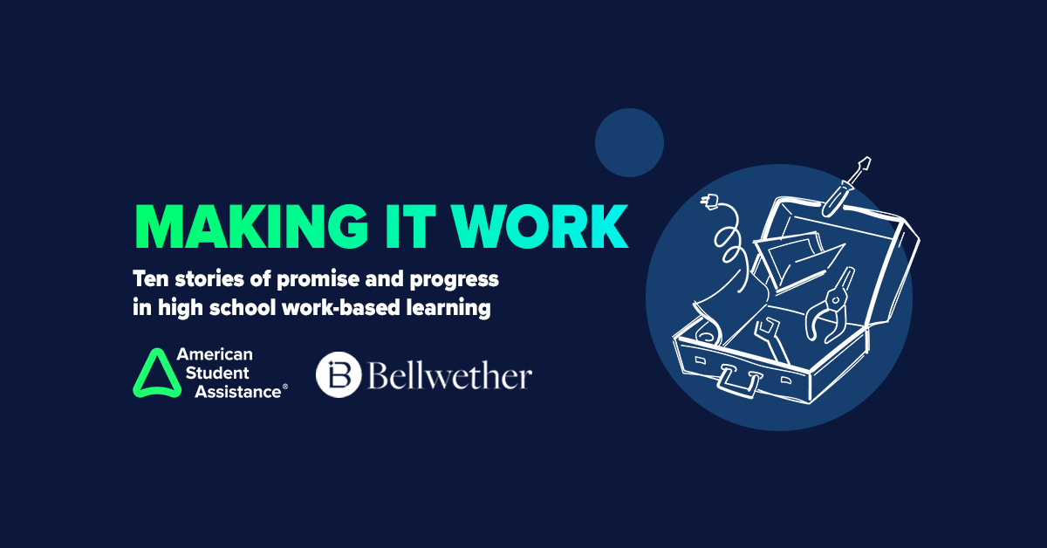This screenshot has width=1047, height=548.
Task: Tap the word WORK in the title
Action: coord(539,226)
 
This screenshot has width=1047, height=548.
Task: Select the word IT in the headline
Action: coord(410,226)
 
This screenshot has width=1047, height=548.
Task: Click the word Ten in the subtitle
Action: coord(150,278)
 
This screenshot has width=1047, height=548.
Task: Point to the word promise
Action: coord(317,279)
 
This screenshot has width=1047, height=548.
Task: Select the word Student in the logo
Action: coord(217,373)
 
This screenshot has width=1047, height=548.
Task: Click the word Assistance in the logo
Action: coord(238,392)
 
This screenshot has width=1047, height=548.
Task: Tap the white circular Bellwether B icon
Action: coord(339,374)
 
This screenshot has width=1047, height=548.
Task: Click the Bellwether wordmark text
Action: coord(449,374)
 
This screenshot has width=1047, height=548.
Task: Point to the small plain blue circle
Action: coord(629,142)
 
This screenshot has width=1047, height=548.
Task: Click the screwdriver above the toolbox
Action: coord(846,187)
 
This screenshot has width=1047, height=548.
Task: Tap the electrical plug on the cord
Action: coord(709,202)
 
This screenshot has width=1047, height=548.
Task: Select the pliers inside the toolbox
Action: coord(829,306)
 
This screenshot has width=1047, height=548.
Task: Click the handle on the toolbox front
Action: coord(737,381)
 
